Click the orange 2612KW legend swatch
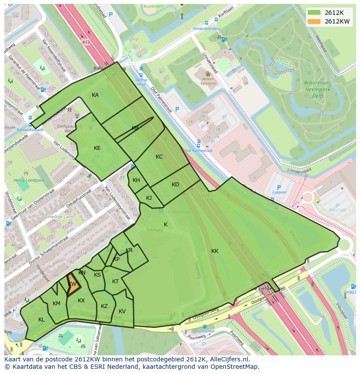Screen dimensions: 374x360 pos(314,21)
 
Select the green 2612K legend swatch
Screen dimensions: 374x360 pos(314,13)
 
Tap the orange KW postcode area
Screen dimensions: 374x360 pos(73,285)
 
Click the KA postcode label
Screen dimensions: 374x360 pos(95,95)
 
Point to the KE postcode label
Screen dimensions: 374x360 pos(97,148)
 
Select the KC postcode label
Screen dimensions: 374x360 pos(159,157)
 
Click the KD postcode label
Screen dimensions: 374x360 pos(175,185)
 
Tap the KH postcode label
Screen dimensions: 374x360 pos(136,180)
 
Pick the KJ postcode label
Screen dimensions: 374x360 pos(149,198)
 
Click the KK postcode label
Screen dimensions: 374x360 pos(215,251)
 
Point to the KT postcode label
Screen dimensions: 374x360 pos(115,281)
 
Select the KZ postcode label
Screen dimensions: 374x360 pos(104,306)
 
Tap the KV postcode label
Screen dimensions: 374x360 pos(122,311)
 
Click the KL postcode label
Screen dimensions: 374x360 pos(41,320)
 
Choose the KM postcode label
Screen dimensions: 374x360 pos(57,304)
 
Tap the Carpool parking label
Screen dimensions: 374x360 pos(279,192)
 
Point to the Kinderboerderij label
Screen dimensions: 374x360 pos(207,29)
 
